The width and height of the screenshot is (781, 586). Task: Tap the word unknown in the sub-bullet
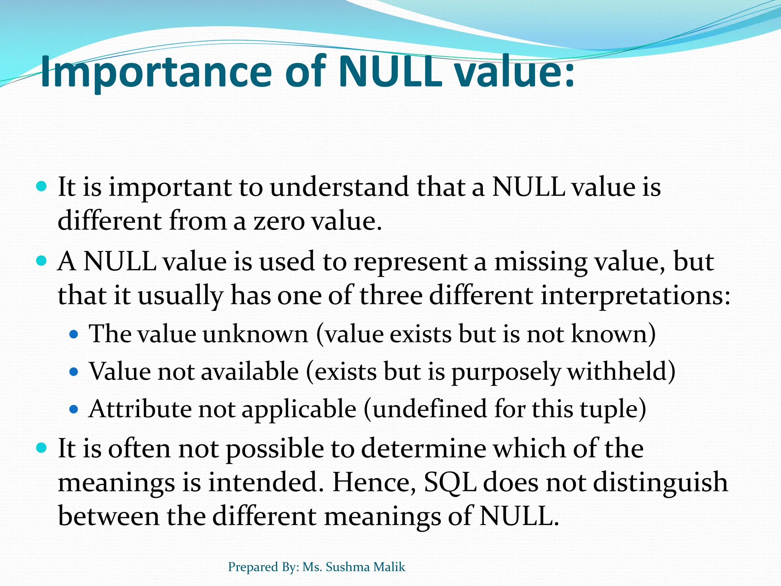(x=255, y=334)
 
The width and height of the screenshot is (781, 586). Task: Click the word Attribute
(x=140, y=409)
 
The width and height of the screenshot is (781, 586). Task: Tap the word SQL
(x=450, y=482)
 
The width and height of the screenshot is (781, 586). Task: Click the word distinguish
(x=660, y=482)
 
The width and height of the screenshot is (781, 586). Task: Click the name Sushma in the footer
(x=348, y=567)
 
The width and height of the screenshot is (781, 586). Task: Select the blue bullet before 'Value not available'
(x=74, y=371)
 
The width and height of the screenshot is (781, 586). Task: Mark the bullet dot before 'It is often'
(x=42, y=447)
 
